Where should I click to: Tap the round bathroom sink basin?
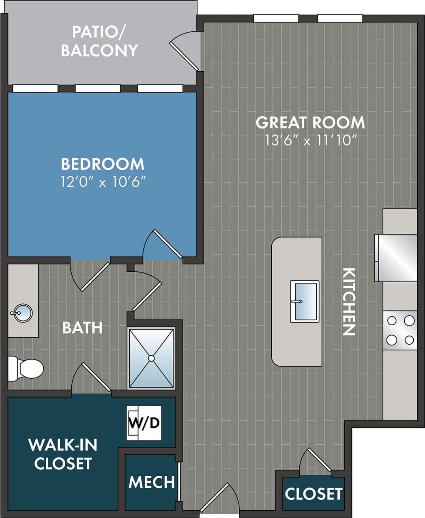pos(22,313)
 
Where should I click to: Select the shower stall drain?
pos(151,358)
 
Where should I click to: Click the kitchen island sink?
pos(305,301)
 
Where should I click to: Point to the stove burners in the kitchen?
pos(400,330)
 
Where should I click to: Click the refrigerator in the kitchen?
pos(396,258)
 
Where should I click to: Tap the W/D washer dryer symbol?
pos(144,423)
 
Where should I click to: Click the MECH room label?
pos(151,482)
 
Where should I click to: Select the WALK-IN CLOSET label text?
pos(63,454)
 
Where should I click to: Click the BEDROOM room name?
pos(103,164)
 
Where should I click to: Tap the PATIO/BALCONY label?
pos(99,41)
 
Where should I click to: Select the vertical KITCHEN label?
pos(349,302)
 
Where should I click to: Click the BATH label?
pos(82,327)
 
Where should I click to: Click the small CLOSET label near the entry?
pos(313,494)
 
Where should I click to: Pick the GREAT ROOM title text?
pos(310,122)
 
